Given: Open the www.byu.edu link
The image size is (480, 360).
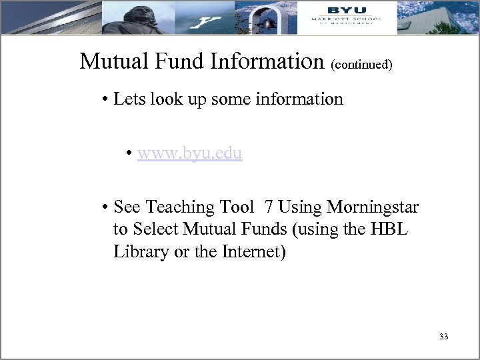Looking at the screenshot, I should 190,153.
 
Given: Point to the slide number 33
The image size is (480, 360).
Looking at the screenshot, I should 443,337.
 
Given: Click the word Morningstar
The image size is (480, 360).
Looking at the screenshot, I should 373,207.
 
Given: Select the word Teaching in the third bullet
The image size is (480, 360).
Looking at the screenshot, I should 176,207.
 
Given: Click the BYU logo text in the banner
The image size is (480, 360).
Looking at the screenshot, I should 342,9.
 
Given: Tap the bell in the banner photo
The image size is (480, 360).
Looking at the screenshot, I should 267,23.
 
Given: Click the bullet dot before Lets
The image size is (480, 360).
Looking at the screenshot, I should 106,101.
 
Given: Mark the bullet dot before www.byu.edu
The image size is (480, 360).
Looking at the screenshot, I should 130,154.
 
